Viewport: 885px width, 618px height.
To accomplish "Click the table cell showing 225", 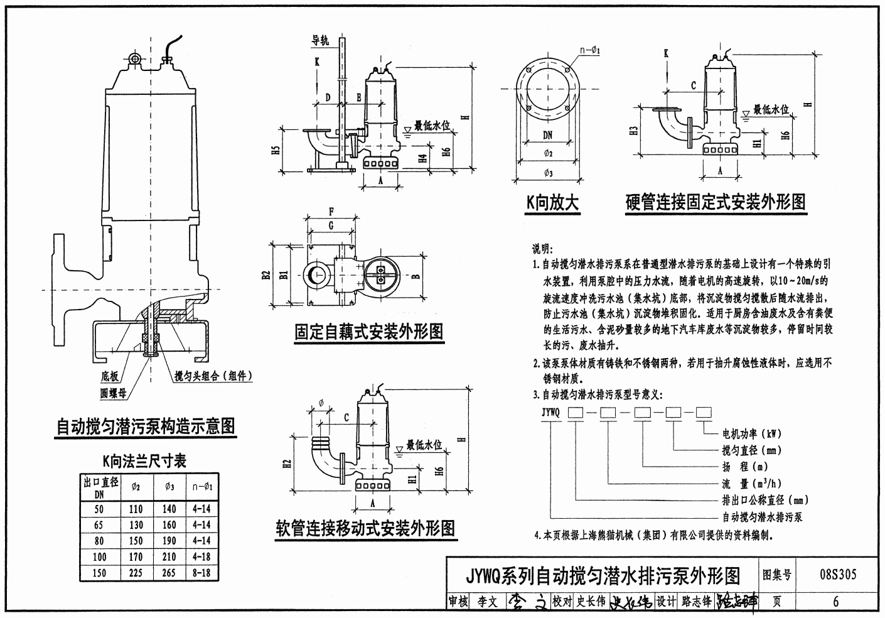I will click(136, 572).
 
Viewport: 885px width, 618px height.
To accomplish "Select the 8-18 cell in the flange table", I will click(202, 572).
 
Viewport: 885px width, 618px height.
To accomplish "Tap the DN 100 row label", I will click(99, 556).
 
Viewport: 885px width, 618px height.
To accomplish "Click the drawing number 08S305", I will click(838, 574).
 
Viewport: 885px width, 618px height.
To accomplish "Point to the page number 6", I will click(835, 601).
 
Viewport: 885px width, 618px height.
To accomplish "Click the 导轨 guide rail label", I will click(321, 41).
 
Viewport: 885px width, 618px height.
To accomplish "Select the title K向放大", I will click(552, 202).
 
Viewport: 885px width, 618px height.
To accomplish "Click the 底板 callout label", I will click(110, 376).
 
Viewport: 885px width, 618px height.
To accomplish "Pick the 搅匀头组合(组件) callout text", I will click(213, 376).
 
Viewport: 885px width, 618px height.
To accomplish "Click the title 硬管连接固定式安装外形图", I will click(716, 202).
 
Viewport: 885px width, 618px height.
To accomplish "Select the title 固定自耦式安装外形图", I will click(369, 331).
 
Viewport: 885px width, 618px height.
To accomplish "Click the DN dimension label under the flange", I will click(547, 135).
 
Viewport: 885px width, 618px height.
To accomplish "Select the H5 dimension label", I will click(276, 151).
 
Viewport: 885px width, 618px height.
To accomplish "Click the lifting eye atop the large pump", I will click(134, 58).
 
